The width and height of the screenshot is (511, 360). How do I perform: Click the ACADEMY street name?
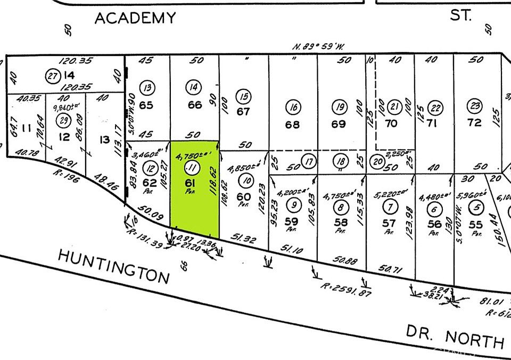coord(135,18)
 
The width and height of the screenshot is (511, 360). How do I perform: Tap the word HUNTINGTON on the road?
coord(113,267)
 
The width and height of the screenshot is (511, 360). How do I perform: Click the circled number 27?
coord(52,76)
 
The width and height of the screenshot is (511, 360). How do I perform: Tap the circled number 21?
coord(394,105)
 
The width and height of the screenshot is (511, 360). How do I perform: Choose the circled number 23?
coord(474,105)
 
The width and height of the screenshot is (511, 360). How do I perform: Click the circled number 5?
coord(478,207)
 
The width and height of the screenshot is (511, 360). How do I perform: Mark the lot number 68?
coord(292,125)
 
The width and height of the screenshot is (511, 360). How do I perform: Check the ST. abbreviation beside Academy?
coord(460,15)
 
